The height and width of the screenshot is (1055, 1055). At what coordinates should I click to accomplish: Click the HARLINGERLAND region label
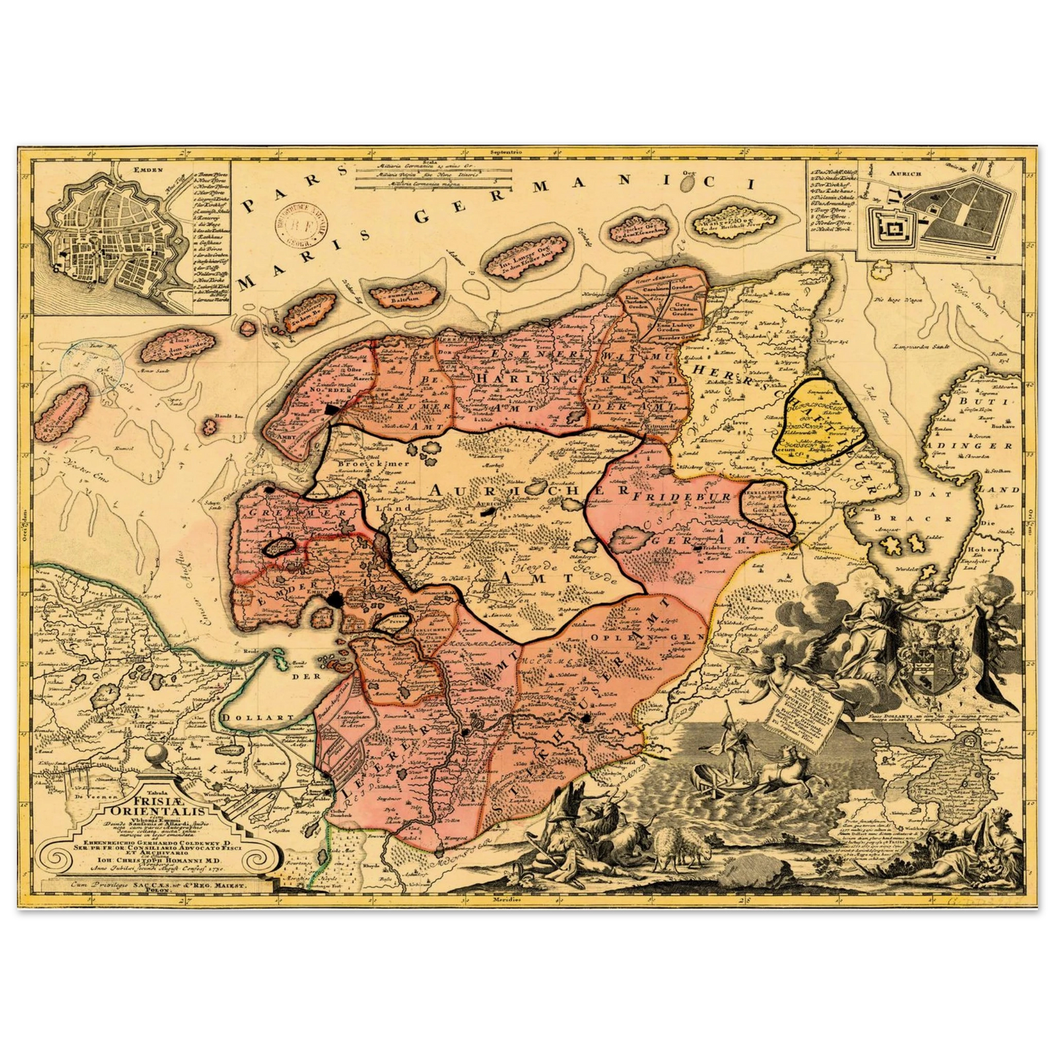tap(577, 380)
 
